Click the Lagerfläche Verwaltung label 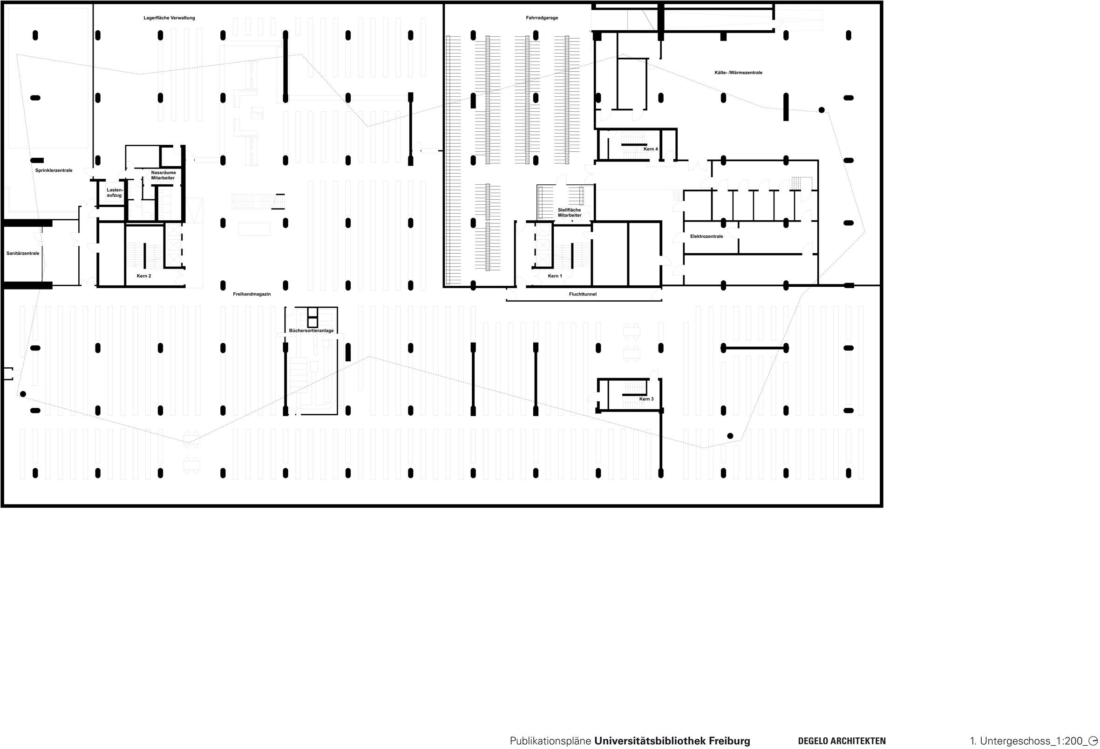(x=169, y=18)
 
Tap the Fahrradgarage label (x=542, y=18)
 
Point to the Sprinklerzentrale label (x=54, y=170)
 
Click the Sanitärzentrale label (x=23, y=254)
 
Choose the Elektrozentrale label (x=706, y=236)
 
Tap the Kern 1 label (x=555, y=276)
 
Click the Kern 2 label (x=144, y=276)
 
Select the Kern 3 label (x=646, y=399)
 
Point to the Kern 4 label (x=650, y=149)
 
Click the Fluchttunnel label (x=582, y=294)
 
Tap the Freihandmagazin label (x=252, y=294)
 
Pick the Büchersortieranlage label (x=311, y=331)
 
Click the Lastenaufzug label (x=114, y=193)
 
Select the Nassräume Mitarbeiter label (x=163, y=175)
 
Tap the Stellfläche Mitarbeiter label (x=570, y=212)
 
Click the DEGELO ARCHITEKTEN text (x=842, y=741)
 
